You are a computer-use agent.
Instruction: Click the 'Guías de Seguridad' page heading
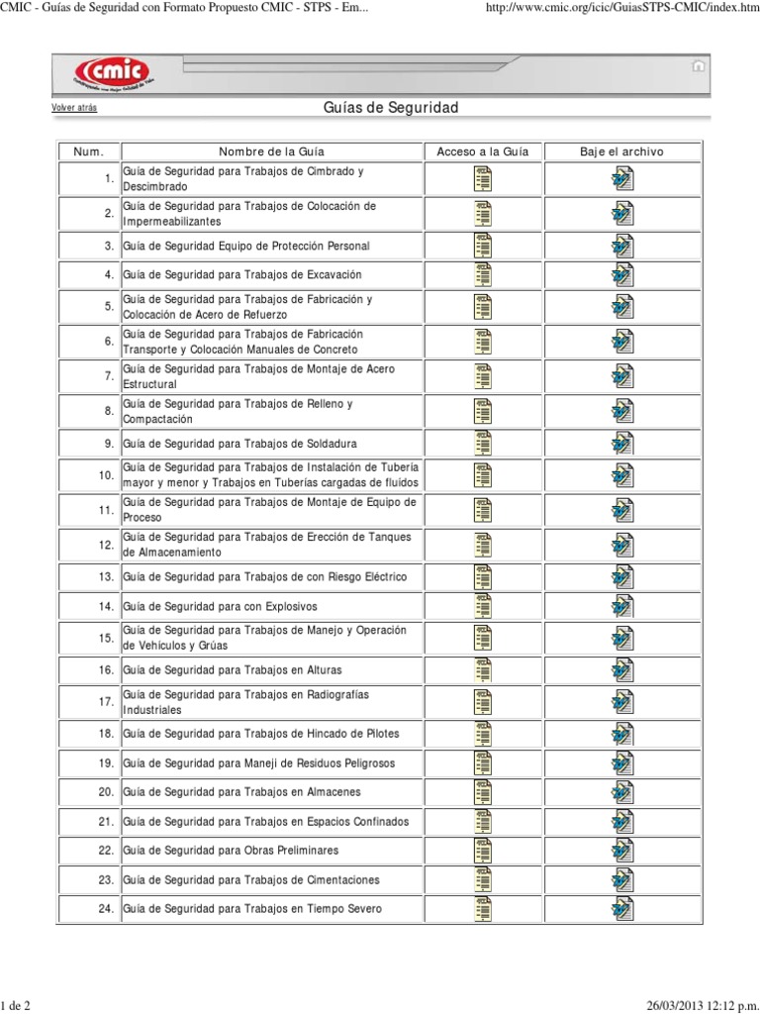click(x=391, y=107)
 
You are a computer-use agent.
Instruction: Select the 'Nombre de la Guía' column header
click(x=271, y=152)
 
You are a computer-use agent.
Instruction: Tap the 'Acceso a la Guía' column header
click(x=483, y=152)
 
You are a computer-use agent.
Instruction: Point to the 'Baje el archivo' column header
click(x=621, y=152)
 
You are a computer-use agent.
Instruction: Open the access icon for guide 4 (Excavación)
click(x=483, y=274)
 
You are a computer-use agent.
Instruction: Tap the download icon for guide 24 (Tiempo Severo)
click(x=622, y=909)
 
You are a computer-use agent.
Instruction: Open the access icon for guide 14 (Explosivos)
click(x=483, y=606)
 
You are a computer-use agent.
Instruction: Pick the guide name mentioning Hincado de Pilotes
click(x=261, y=734)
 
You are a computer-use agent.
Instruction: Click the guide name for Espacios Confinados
click(x=265, y=822)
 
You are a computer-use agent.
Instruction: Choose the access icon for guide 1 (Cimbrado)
click(x=483, y=179)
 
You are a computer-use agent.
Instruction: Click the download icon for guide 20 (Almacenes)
click(x=622, y=792)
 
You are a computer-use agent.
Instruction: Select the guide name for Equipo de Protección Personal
click(x=246, y=246)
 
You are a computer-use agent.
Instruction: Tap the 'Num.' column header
click(x=88, y=152)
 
